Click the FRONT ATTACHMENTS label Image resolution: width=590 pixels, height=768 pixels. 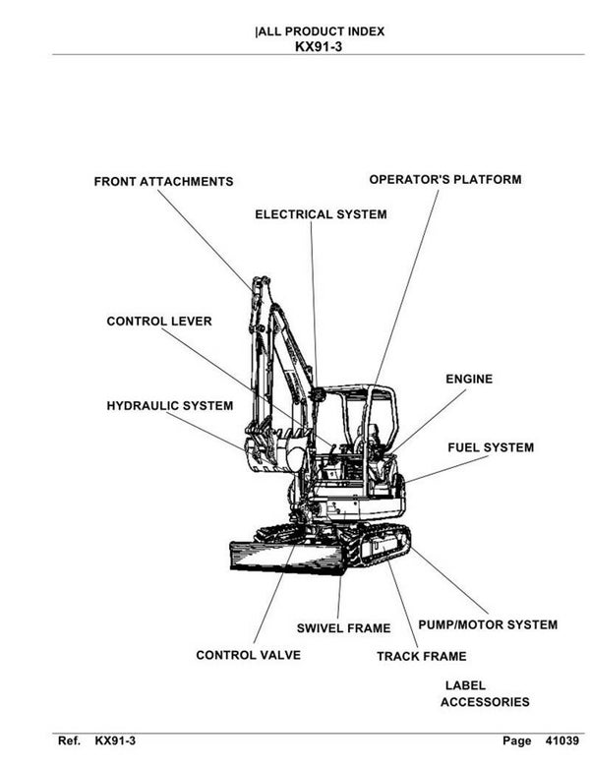click(x=163, y=182)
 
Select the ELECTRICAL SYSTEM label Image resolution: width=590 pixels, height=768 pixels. click(x=321, y=214)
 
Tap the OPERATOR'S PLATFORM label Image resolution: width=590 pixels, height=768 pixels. click(x=444, y=180)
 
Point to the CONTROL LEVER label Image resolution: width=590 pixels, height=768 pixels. click(x=158, y=322)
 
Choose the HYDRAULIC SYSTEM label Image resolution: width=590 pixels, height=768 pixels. click(x=169, y=406)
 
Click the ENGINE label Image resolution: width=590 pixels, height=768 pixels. click(x=469, y=379)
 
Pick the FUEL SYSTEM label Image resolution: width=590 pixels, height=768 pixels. click(x=491, y=447)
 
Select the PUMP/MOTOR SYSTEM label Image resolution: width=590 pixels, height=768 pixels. click(x=488, y=624)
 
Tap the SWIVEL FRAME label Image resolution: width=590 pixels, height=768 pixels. click(x=343, y=627)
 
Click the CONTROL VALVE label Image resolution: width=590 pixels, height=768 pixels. click(x=248, y=655)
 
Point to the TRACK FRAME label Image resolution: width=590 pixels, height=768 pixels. click(x=421, y=656)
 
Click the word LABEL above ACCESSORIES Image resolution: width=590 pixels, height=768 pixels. click(x=465, y=685)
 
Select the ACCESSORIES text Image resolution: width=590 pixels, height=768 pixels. click(x=484, y=702)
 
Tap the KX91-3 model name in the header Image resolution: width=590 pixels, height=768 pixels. click(x=319, y=45)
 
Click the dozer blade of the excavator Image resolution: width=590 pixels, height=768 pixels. click(x=285, y=557)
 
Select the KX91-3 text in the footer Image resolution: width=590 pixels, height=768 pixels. click(x=115, y=740)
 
